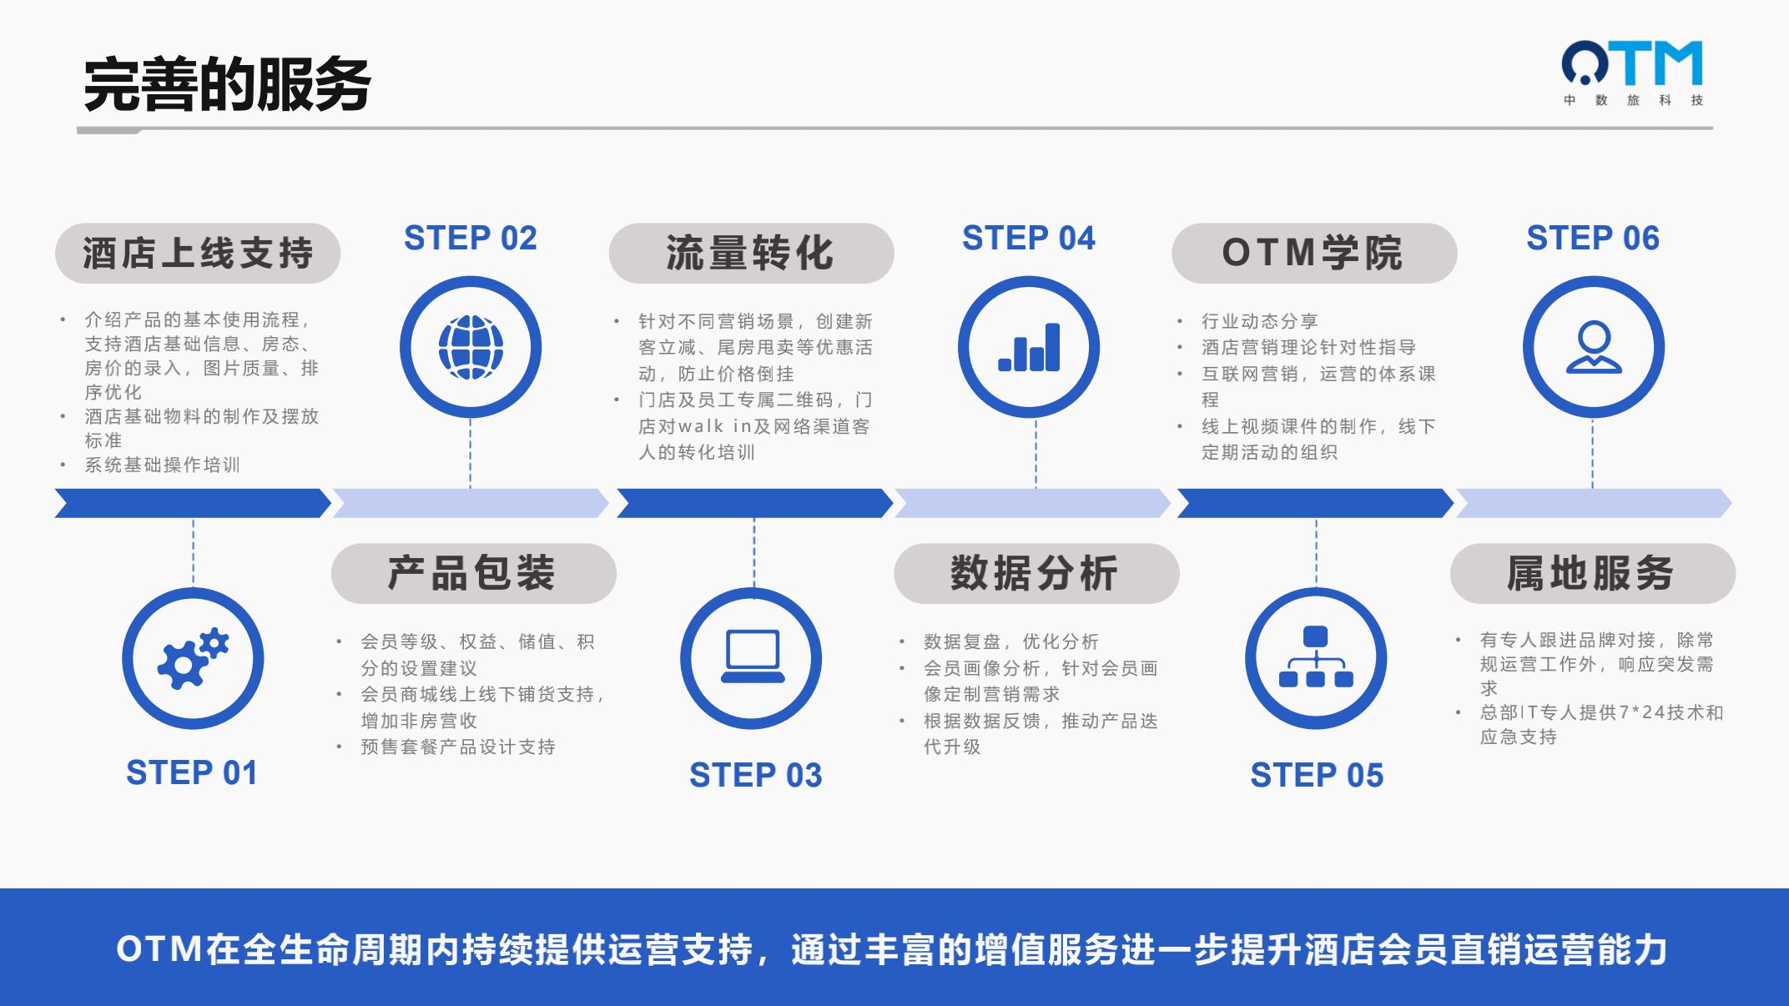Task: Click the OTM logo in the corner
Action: click(x=1632, y=73)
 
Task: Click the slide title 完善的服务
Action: click(x=227, y=84)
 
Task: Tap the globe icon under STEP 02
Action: click(x=471, y=347)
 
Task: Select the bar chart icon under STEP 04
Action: click(x=1029, y=347)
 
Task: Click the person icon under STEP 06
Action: click(x=1594, y=347)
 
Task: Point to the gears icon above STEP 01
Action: click(x=193, y=658)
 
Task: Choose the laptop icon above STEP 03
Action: click(x=752, y=657)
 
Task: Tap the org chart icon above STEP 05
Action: click(x=1316, y=657)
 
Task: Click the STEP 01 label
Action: click(x=192, y=772)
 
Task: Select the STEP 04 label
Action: click(x=1029, y=239)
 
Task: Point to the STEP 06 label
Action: click(x=1593, y=239)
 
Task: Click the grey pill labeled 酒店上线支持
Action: click(x=198, y=253)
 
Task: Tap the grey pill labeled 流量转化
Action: click(x=751, y=253)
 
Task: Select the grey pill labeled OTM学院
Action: click(x=1314, y=253)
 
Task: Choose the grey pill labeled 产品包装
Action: click(x=473, y=573)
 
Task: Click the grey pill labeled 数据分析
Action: click(x=1036, y=573)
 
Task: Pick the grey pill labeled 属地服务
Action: click(x=1592, y=573)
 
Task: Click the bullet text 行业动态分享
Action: click(x=1260, y=321)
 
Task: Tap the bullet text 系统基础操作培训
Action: click(x=162, y=465)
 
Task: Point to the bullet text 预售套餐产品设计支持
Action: click(x=458, y=747)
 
